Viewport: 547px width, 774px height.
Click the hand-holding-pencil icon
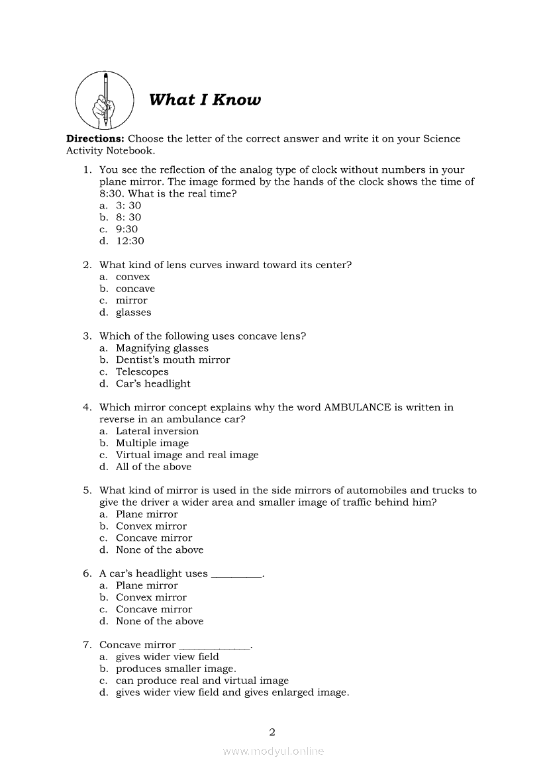click(104, 100)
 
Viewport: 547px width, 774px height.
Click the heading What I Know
click(205, 100)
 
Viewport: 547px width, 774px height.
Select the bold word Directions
click(95, 139)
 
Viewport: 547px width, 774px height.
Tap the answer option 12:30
click(130, 241)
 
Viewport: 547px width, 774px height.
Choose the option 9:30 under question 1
click(126, 229)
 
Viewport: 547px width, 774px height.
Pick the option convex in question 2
click(132, 277)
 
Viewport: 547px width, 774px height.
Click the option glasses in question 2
click(133, 313)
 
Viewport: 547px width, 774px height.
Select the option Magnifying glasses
click(162, 348)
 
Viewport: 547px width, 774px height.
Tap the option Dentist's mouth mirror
click(173, 360)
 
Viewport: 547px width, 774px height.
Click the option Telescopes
click(142, 372)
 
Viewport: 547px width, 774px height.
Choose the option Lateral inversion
click(157, 431)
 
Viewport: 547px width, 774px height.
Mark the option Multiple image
click(152, 443)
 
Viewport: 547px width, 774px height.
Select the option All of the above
click(153, 467)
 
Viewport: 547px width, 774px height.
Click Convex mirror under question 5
click(151, 526)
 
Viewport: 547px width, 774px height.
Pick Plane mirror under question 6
click(146, 585)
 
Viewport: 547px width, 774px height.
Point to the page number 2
click(272, 732)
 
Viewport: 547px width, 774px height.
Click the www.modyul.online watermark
click(273, 751)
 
